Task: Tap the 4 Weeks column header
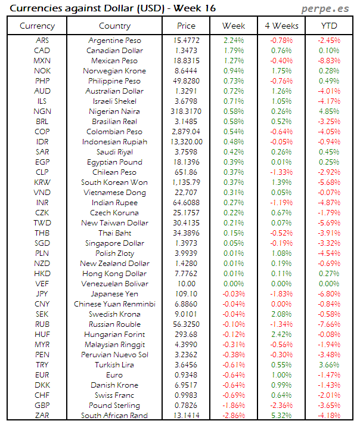click(x=281, y=26)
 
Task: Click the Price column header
click(x=186, y=26)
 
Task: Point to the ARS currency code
click(x=42, y=41)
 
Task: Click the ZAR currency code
click(x=42, y=416)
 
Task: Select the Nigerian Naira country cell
click(x=114, y=112)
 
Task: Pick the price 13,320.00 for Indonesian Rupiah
click(x=186, y=142)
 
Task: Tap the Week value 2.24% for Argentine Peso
click(x=234, y=41)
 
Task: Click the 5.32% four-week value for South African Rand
click(x=281, y=416)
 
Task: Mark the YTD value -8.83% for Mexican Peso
click(x=329, y=61)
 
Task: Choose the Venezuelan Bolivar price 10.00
click(x=186, y=284)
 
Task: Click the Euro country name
click(x=114, y=375)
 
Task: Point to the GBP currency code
click(x=42, y=406)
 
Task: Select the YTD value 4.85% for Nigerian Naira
click(x=329, y=112)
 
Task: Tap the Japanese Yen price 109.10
click(x=186, y=294)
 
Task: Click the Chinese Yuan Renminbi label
click(x=114, y=304)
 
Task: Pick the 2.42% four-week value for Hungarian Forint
click(x=281, y=335)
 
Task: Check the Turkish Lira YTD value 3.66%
click(x=329, y=365)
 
